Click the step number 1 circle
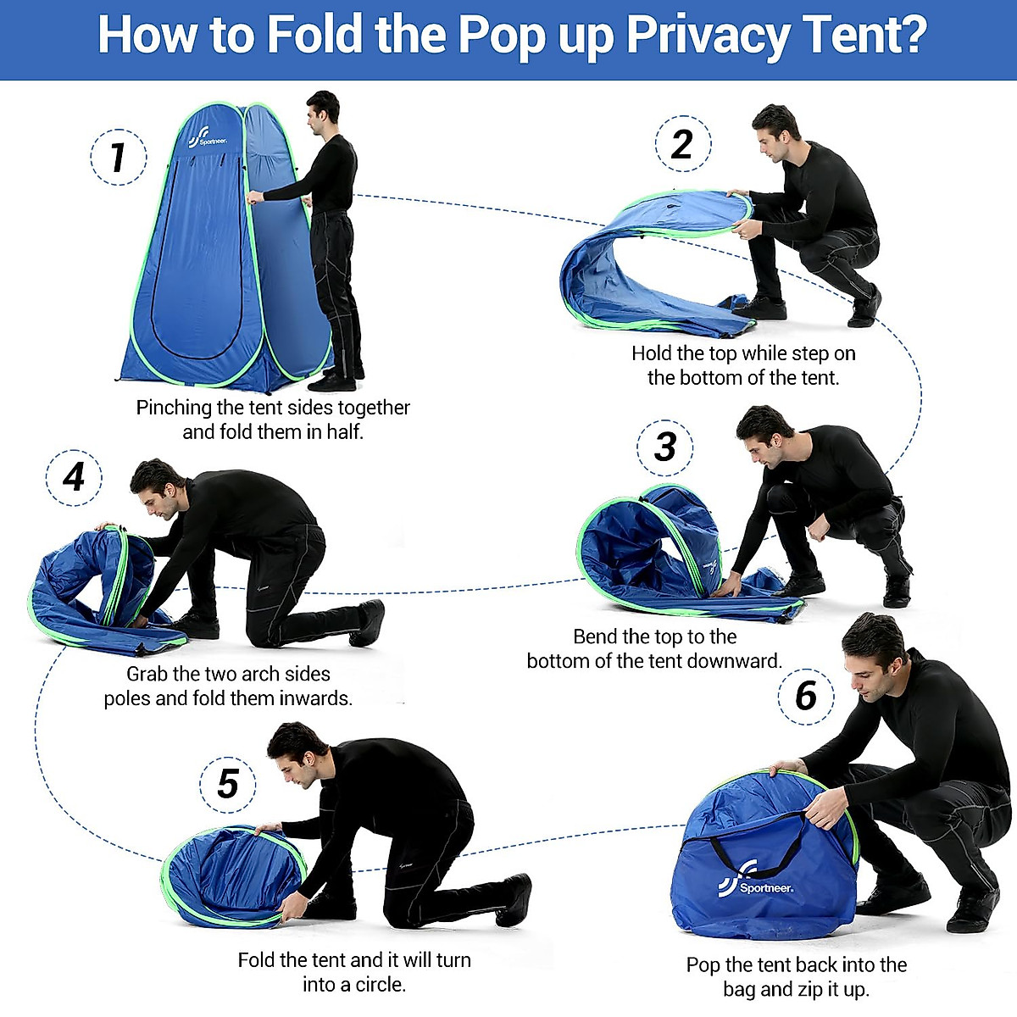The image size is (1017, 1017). click(x=119, y=157)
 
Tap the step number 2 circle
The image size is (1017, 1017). click(x=682, y=144)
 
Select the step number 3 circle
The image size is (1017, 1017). click(x=665, y=447)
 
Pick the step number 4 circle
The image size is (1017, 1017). click(x=75, y=477)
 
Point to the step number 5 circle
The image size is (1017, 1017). click(x=227, y=784)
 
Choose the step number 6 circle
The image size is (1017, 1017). click(x=806, y=696)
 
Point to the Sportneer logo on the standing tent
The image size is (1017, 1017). click(x=206, y=137)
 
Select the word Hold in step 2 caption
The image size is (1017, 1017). click(x=652, y=353)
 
